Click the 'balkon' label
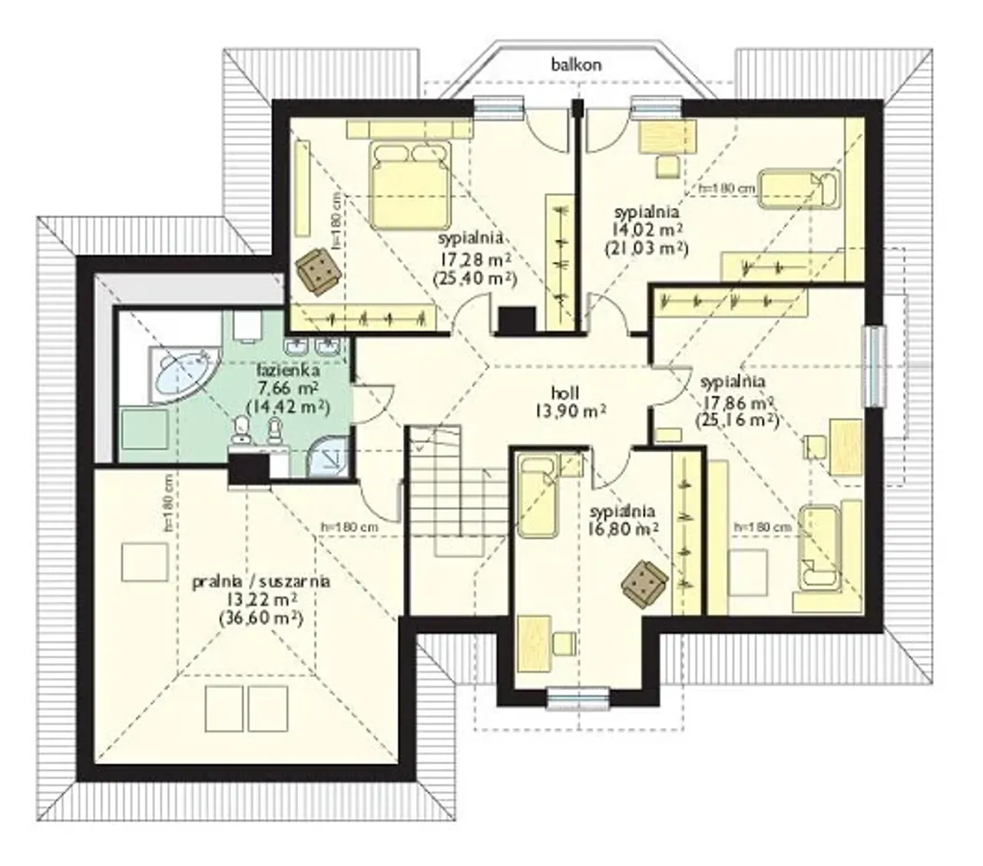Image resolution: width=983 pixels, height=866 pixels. point(576,64)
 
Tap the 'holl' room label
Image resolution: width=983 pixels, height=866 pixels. point(565,393)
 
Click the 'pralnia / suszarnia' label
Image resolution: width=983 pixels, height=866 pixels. point(262,582)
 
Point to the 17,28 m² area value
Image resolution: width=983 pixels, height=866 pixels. point(475,259)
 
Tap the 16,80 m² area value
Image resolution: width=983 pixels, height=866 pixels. point(624,529)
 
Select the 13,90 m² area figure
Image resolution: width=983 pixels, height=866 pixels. point(571,412)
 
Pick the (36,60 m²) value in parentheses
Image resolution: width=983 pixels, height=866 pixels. point(261,619)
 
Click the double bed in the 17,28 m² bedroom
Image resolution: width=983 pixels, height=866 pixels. point(410,185)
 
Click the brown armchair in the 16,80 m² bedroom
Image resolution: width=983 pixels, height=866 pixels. point(644,583)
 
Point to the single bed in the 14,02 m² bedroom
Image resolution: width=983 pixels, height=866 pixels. point(798,188)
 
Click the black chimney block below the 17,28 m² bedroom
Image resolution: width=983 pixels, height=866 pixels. point(517,321)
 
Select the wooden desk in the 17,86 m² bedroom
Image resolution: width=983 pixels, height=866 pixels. point(846,448)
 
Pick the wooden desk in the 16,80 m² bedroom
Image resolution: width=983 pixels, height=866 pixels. point(535,644)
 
